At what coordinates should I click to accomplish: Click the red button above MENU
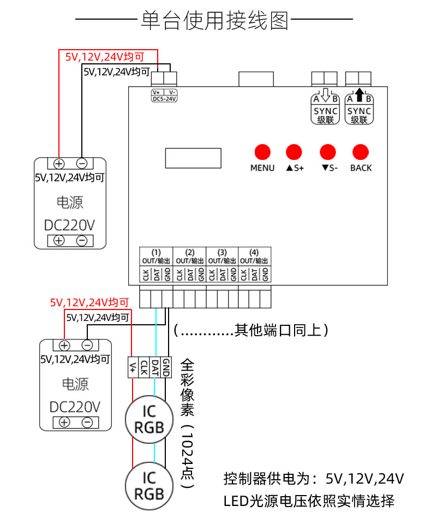tap(262, 152)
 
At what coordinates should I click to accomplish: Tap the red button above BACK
tap(361, 152)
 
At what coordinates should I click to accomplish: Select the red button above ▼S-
tap(328, 152)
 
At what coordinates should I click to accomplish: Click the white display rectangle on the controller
tap(193, 158)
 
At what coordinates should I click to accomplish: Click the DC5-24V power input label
tap(164, 96)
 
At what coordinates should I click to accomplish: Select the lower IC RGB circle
tap(149, 486)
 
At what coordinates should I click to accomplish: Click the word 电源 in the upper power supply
tap(70, 203)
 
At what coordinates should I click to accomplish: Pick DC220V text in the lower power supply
tap(75, 407)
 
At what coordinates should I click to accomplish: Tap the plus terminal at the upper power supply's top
tap(58, 163)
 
